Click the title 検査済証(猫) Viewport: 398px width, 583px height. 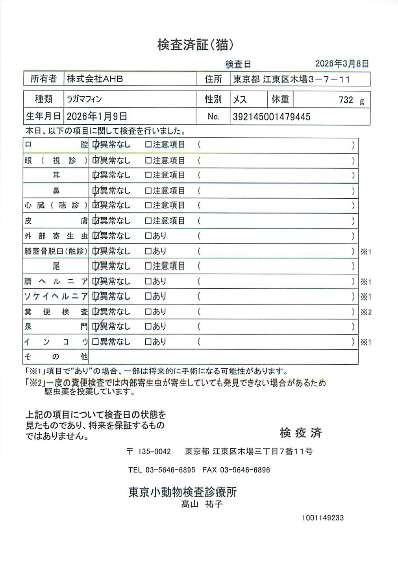(x=195, y=45)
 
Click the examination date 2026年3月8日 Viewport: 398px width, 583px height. (x=342, y=64)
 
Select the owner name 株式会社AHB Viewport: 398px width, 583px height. (x=95, y=79)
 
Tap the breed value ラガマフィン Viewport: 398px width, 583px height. (x=84, y=99)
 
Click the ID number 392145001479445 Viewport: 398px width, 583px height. (x=271, y=117)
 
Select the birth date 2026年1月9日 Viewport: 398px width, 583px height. (x=97, y=116)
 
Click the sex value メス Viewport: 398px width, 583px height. (x=240, y=100)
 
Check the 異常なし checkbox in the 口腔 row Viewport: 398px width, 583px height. (x=95, y=145)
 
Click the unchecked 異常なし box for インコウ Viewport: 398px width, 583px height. (x=95, y=342)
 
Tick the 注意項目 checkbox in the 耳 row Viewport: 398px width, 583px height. (x=148, y=175)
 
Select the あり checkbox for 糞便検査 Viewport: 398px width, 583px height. (x=148, y=312)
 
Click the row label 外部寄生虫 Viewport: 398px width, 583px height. (x=56, y=236)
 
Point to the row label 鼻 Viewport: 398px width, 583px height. (x=56, y=191)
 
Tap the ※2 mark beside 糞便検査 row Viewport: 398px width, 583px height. (x=366, y=312)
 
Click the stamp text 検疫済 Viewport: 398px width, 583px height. (x=300, y=433)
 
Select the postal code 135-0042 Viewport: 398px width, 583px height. (x=154, y=452)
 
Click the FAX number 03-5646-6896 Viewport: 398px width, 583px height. (x=244, y=470)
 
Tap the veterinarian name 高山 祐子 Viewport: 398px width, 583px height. (x=202, y=504)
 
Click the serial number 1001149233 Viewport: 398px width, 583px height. (x=323, y=518)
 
